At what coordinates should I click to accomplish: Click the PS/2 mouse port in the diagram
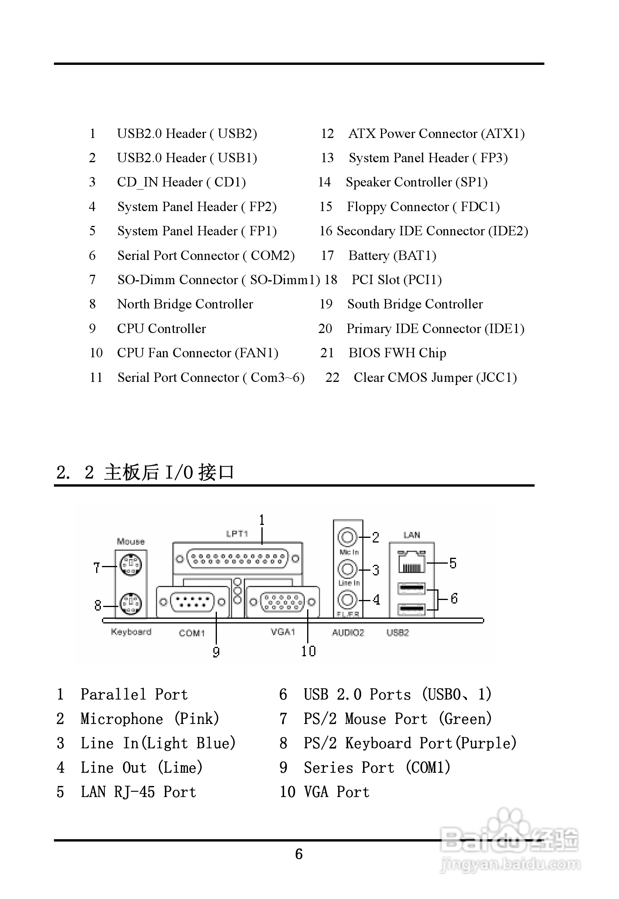[131, 564]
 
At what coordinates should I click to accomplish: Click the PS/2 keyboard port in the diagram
[131, 604]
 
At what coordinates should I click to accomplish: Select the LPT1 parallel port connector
[238, 559]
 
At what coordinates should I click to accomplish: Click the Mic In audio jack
[347, 537]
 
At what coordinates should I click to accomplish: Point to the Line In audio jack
[347, 569]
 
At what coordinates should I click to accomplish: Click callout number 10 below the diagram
[308, 651]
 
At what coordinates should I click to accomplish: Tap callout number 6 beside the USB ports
[454, 598]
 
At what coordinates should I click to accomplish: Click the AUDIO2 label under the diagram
[348, 632]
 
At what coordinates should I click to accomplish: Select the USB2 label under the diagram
[397, 632]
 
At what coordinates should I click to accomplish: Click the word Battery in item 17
[369, 256]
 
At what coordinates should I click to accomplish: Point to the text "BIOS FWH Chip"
[397, 353]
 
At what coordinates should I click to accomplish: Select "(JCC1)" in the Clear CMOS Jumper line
[496, 378]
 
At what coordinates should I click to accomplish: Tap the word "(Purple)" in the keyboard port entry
[486, 743]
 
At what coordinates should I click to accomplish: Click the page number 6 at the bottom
[299, 854]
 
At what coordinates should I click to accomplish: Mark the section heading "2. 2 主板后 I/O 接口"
[145, 472]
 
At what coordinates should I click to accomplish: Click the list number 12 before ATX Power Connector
[327, 134]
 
